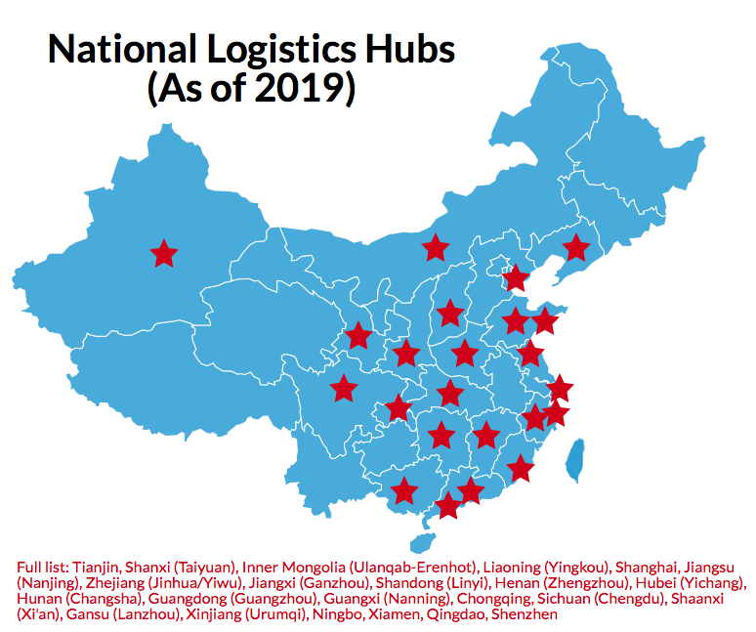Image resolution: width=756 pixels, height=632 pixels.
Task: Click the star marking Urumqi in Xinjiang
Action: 164,254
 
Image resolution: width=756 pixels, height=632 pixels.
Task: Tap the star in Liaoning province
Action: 576,248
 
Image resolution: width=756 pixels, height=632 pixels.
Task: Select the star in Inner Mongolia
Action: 435,248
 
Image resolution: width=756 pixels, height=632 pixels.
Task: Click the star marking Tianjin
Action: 515,278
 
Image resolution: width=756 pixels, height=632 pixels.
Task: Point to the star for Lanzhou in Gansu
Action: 358,336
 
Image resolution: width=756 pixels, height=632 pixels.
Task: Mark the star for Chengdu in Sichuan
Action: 343,389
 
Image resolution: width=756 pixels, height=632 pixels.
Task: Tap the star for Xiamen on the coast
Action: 522,469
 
